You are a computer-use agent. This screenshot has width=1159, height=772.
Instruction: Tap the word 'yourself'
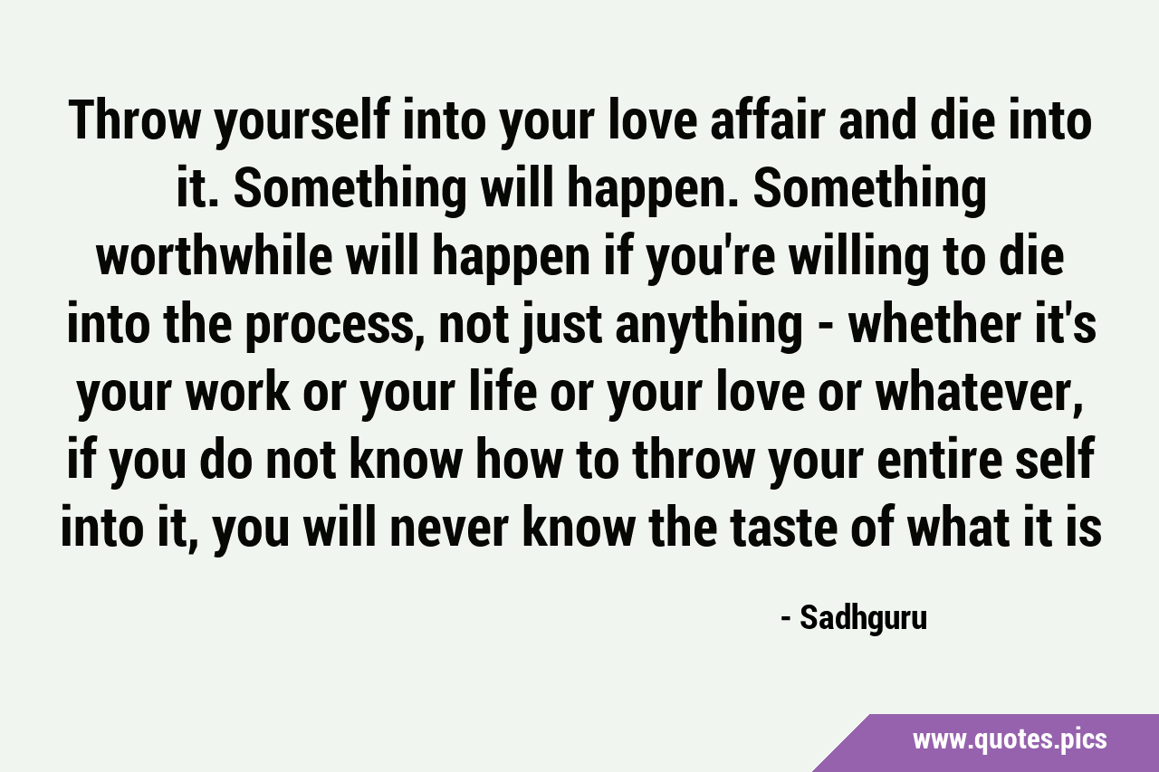coord(302,125)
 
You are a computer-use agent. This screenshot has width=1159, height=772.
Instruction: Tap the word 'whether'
coord(927,325)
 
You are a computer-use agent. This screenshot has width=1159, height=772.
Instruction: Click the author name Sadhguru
coord(864,619)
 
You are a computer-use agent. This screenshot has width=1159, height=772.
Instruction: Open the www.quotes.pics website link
coord(1010,740)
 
